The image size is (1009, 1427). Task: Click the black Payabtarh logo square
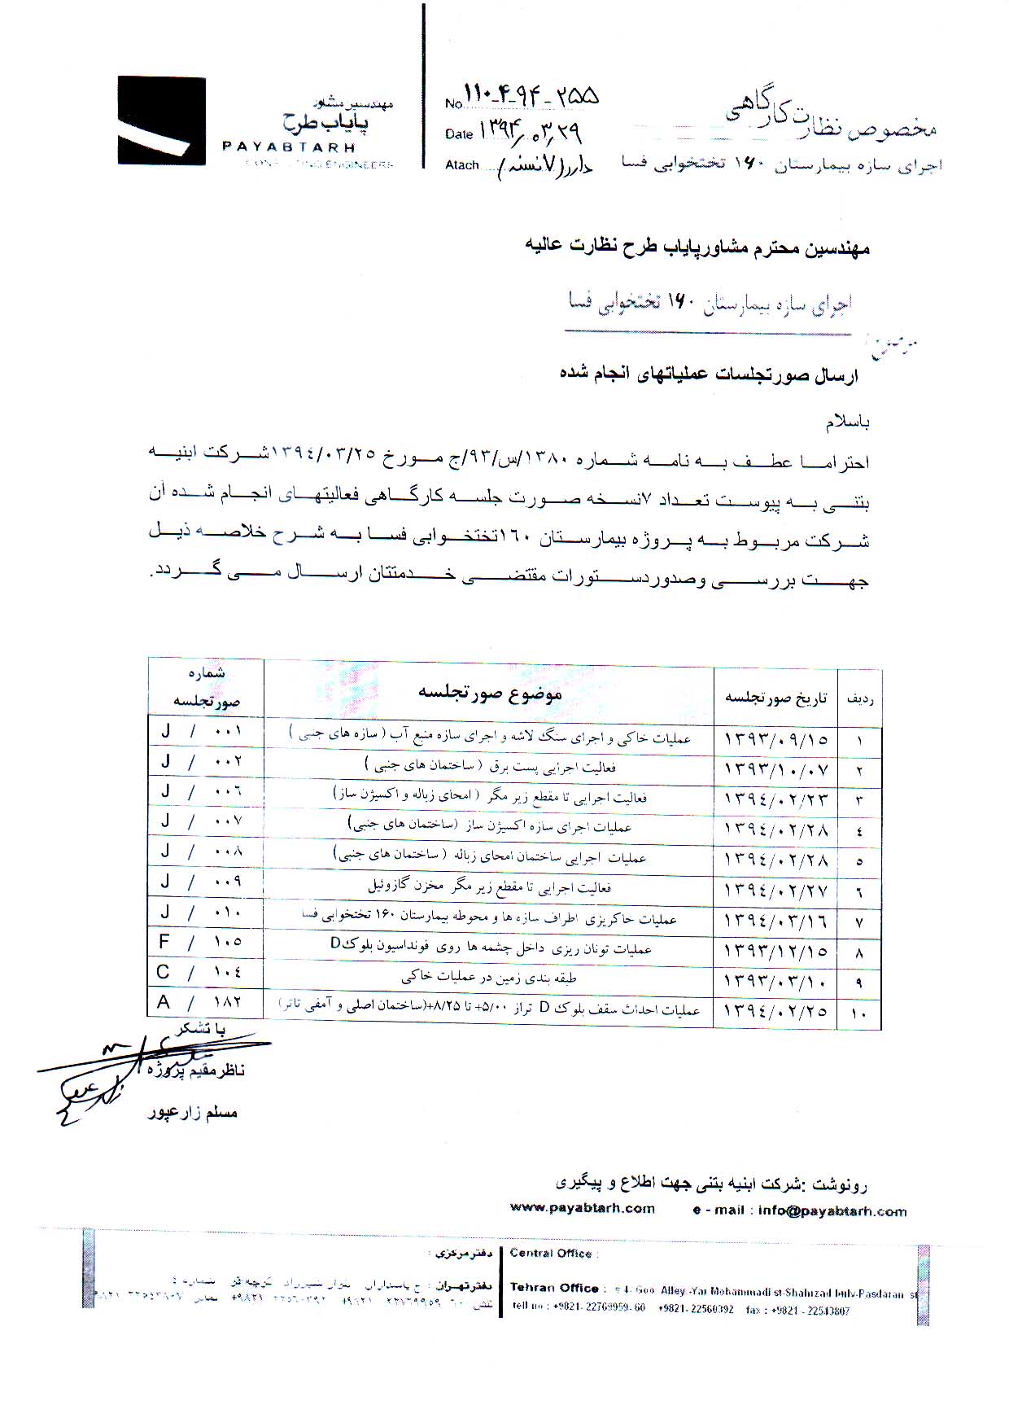click(161, 121)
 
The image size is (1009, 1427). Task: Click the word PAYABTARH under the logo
click(289, 148)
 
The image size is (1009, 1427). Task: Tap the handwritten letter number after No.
click(531, 98)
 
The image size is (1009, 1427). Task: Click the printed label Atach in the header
click(461, 165)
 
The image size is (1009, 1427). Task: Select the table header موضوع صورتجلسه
click(489, 694)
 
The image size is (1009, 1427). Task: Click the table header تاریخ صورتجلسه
click(775, 698)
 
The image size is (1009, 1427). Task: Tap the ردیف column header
click(860, 698)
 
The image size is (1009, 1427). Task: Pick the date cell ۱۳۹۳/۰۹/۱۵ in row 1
click(775, 739)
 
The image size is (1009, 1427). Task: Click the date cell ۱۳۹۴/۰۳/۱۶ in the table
click(775, 921)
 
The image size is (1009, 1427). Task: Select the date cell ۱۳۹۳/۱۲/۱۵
click(775, 951)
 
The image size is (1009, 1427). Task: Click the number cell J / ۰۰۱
click(202, 731)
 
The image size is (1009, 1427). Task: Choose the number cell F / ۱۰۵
click(202, 942)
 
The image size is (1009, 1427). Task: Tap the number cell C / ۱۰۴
click(202, 972)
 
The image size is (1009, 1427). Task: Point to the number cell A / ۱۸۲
click(202, 1002)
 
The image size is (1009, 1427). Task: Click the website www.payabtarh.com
click(582, 1208)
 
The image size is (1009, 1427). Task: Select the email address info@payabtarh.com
click(832, 1210)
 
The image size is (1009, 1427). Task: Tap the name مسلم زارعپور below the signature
click(193, 1113)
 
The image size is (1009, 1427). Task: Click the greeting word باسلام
click(848, 422)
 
